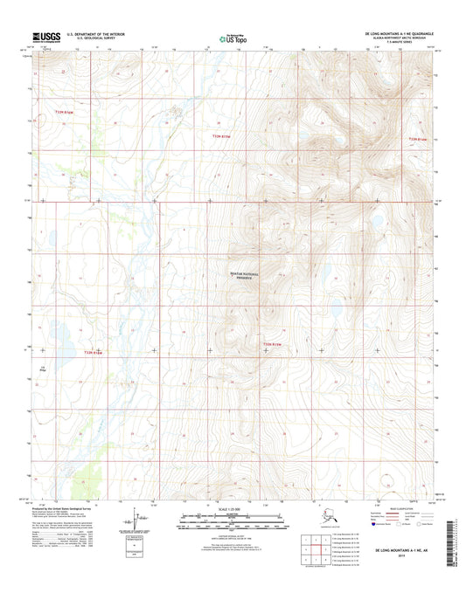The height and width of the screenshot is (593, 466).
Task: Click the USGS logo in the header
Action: click(45, 37)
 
